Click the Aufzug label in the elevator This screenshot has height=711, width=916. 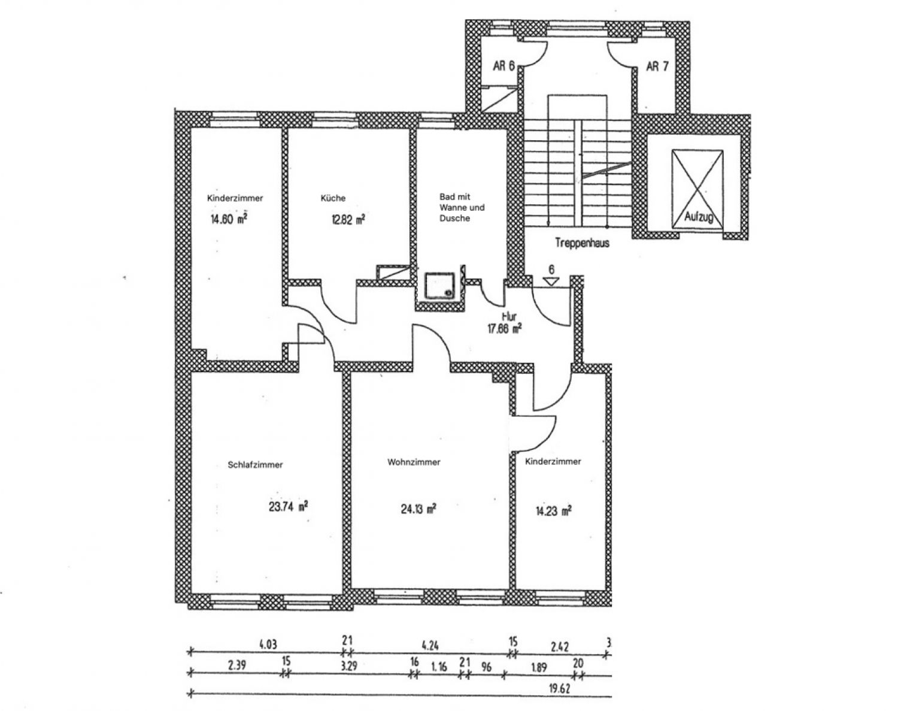click(699, 217)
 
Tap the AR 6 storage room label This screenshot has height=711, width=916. click(504, 66)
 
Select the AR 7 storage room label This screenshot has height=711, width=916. click(657, 66)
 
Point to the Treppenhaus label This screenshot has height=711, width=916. click(582, 243)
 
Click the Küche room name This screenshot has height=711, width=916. click(333, 198)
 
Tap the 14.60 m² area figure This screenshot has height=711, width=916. click(229, 219)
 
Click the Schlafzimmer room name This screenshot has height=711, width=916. click(255, 465)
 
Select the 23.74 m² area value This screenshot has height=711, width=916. click(289, 506)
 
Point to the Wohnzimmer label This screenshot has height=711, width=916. click(414, 462)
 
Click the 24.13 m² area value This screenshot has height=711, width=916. click(418, 509)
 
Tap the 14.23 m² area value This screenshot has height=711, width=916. click(553, 511)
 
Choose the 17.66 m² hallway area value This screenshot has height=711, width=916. click(505, 329)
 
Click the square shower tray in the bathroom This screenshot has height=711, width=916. click(439, 286)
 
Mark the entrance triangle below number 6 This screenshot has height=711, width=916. click(551, 281)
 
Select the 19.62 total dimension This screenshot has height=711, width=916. click(559, 689)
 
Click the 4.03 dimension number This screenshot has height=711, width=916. click(268, 645)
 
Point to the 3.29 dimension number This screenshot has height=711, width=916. click(348, 666)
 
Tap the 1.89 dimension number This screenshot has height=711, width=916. click(539, 667)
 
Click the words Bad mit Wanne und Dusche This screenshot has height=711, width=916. click(462, 207)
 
